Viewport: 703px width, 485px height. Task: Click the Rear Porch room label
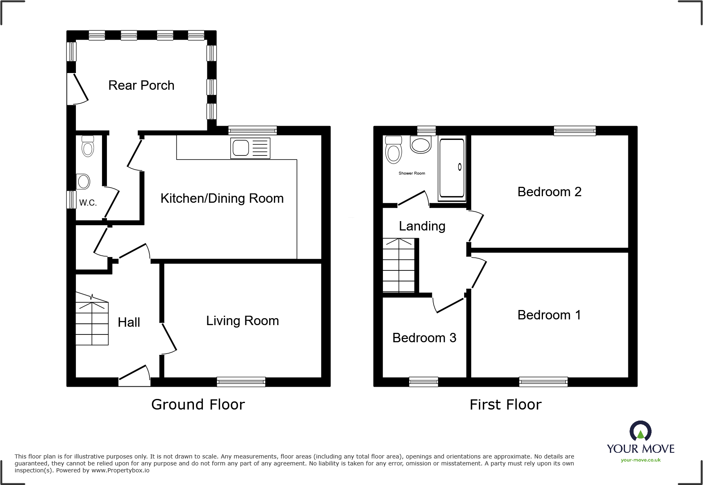(x=141, y=85)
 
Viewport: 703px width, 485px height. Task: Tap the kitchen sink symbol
(x=250, y=147)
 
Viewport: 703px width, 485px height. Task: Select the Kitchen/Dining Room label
(x=222, y=198)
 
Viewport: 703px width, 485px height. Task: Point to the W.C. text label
(x=88, y=203)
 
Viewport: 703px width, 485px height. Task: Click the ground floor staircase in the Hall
(x=92, y=322)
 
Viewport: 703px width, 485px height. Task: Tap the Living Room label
(x=242, y=321)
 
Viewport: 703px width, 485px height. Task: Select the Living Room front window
(x=241, y=382)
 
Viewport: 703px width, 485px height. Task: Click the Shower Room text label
(x=412, y=173)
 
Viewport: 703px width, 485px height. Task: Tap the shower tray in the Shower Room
(x=451, y=168)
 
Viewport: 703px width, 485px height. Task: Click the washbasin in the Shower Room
(x=420, y=145)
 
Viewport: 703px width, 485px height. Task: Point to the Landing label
(x=422, y=226)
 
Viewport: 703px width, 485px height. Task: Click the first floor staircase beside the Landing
(x=398, y=265)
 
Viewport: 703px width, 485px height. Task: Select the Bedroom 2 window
(x=574, y=131)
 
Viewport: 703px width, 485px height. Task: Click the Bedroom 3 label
(x=424, y=338)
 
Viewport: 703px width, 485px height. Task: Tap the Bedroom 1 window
(x=543, y=382)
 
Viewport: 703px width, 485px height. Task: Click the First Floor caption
(x=505, y=405)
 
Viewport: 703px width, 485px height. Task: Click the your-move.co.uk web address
(x=640, y=460)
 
